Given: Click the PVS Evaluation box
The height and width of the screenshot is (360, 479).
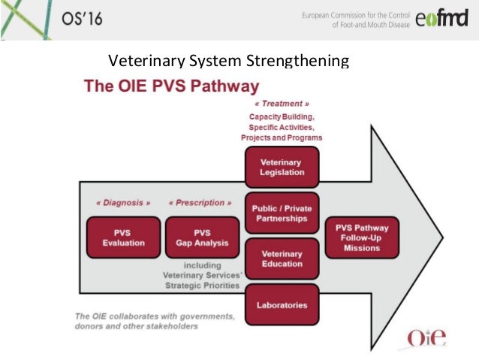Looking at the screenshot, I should click(124, 237).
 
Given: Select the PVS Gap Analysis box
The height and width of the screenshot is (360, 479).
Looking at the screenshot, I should click(201, 237).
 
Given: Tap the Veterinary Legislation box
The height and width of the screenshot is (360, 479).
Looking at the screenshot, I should click(281, 167).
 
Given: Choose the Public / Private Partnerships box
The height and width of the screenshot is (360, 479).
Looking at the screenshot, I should click(281, 213).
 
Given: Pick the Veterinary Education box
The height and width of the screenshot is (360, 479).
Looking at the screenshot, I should click(281, 259).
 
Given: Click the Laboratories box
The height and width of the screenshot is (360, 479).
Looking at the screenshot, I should click(281, 305).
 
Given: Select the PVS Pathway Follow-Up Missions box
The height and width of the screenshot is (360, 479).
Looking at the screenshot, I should click(362, 237).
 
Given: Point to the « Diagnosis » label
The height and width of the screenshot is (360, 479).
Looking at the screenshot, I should click(123, 203).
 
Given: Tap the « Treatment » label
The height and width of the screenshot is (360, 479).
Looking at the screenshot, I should click(281, 104).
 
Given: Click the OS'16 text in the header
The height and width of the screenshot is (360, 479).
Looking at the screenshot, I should click(83, 20).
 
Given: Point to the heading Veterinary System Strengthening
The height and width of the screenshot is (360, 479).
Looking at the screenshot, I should click(230, 61).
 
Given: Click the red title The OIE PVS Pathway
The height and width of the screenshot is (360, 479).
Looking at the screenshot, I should click(172, 85).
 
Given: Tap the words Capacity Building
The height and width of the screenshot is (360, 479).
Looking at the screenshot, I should click(282, 117).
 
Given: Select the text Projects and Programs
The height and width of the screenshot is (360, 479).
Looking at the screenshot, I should click(282, 138).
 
